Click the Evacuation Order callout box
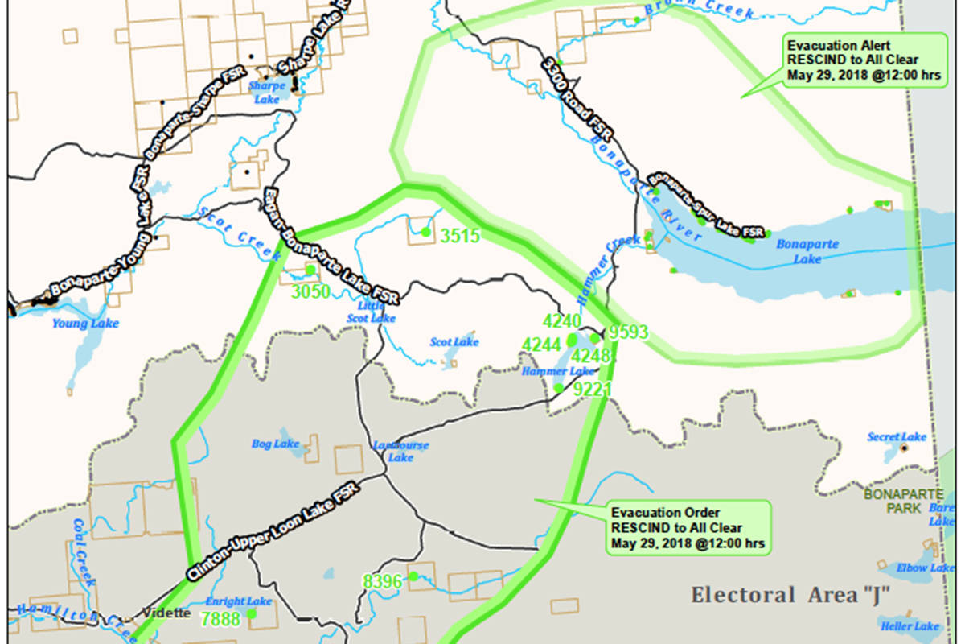687,527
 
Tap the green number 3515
459,236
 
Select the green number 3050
310,291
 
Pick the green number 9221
593,390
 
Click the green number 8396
383,581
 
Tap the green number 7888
220,618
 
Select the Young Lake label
85,324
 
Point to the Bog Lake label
275,444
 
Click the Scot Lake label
454,342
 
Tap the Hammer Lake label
558,371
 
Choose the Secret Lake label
897,437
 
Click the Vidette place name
167,613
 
